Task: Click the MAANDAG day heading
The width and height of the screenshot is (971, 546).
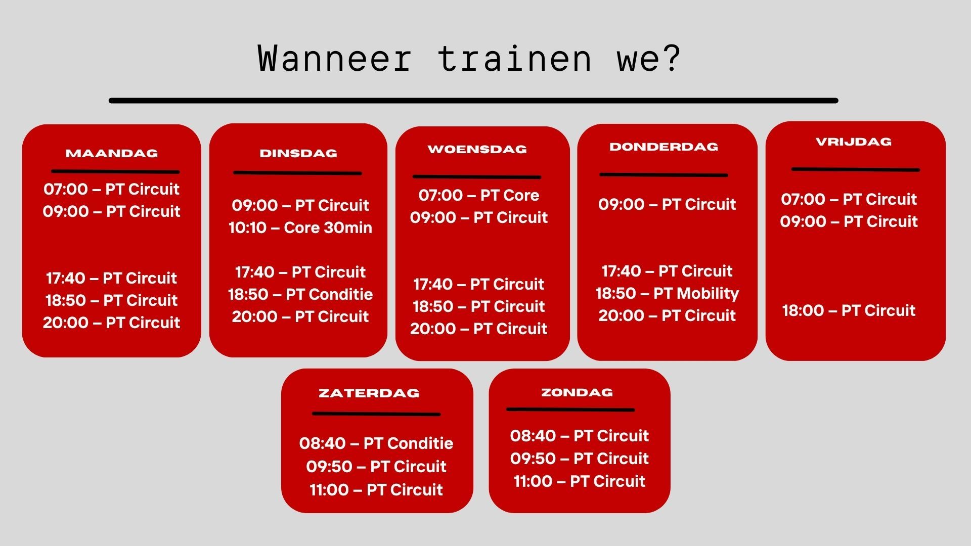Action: tap(112, 153)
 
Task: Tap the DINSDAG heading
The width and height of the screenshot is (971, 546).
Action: tap(298, 153)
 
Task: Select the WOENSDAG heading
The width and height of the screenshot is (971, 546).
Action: tap(477, 149)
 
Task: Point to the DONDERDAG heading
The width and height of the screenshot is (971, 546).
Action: tap(664, 147)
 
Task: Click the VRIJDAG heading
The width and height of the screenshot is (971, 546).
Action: tap(854, 142)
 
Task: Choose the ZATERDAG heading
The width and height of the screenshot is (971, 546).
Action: tap(369, 393)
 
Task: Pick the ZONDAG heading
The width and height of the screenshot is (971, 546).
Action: tap(577, 392)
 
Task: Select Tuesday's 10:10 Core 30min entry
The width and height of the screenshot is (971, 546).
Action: tap(300, 227)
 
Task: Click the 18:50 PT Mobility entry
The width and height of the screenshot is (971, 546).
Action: tap(667, 293)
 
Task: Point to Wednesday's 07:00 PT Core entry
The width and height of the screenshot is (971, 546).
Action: tap(478, 195)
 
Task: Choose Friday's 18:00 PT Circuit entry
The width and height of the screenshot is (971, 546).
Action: tap(849, 310)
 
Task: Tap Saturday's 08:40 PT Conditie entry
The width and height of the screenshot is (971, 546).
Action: tap(376, 443)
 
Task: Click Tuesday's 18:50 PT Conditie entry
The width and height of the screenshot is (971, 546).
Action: tap(300, 294)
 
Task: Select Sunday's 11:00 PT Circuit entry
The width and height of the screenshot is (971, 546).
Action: tap(579, 481)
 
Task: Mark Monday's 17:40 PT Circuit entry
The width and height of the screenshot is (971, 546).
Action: tap(111, 278)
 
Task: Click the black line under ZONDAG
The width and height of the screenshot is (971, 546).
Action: tap(570, 409)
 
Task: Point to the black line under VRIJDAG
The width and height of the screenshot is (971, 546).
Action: tap(855, 169)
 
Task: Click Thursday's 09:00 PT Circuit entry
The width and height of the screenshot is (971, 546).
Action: tap(667, 204)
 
